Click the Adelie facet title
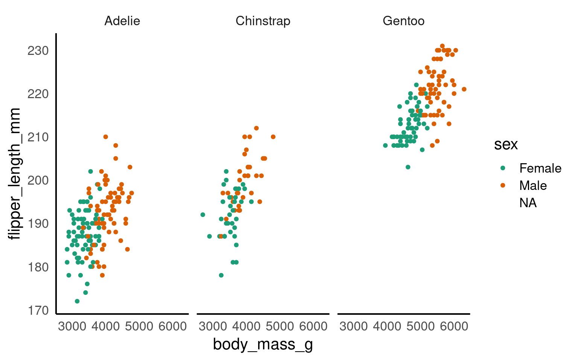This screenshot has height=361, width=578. (x=122, y=21)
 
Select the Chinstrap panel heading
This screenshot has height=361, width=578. (x=263, y=21)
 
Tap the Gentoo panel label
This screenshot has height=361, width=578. (x=403, y=21)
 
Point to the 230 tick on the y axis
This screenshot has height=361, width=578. (x=38, y=50)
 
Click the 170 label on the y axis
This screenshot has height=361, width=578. (x=38, y=311)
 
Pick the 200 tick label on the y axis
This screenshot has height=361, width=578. (x=38, y=180)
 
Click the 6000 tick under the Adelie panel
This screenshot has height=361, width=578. (x=173, y=326)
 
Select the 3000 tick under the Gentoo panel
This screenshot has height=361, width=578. (x=353, y=326)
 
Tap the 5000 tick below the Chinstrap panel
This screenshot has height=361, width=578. (x=280, y=326)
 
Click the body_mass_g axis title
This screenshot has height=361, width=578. (x=263, y=344)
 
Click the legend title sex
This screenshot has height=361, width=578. (x=506, y=144)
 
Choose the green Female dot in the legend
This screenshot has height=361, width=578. (x=503, y=168)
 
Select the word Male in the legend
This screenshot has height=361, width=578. (x=533, y=185)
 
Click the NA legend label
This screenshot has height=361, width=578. (x=528, y=203)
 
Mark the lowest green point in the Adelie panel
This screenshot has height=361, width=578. (x=77, y=301)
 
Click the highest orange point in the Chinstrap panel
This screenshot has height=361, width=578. (x=256, y=128)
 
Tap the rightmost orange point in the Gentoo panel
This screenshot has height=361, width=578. (x=464, y=89)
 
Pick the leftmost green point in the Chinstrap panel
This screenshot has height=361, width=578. (x=203, y=215)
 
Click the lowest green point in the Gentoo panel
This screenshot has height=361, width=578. (x=408, y=167)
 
